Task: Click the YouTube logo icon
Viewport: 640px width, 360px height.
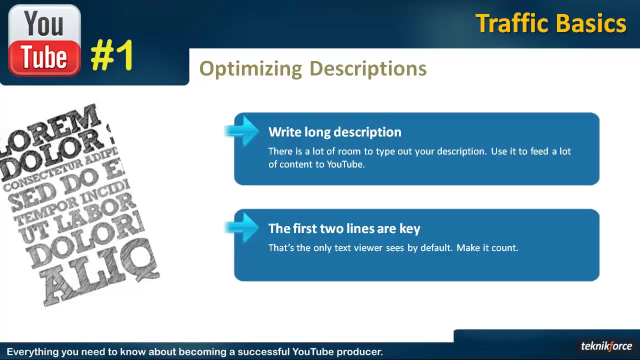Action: (x=44, y=40)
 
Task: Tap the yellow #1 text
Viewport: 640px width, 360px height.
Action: (x=112, y=55)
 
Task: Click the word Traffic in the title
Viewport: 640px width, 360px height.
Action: (x=511, y=23)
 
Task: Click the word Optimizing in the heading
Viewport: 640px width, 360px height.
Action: (x=250, y=69)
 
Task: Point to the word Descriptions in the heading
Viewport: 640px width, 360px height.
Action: (x=367, y=69)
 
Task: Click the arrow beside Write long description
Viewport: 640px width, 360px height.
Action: (x=242, y=131)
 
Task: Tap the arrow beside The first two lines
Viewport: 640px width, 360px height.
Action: (x=242, y=227)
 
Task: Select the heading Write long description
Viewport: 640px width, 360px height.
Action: (x=334, y=132)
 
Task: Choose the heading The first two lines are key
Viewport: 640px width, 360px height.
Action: (x=344, y=228)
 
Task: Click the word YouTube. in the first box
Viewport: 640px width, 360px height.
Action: (x=345, y=164)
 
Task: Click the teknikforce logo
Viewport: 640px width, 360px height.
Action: (x=606, y=346)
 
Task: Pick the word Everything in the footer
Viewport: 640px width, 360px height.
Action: (x=32, y=352)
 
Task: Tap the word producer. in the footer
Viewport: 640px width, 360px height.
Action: (x=359, y=352)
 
